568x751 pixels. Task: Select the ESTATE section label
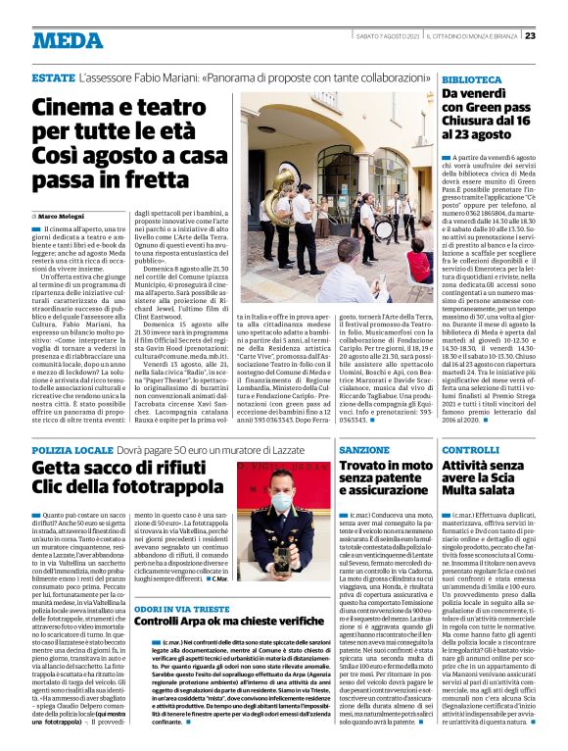(53, 76)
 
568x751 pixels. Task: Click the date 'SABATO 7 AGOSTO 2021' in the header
(388, 36)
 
